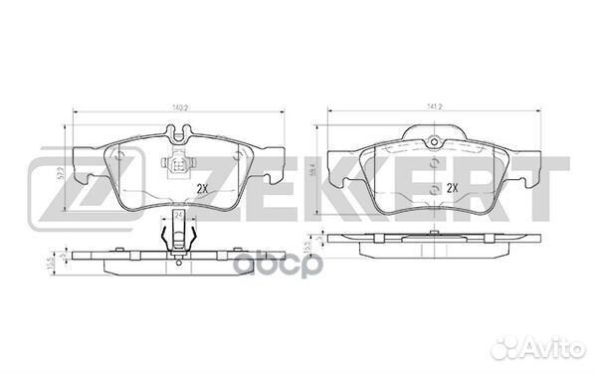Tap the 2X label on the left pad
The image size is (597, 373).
click(203, 187)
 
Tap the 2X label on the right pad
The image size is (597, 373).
click(454, 187)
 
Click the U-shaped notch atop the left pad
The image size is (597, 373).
click(180, 130)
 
